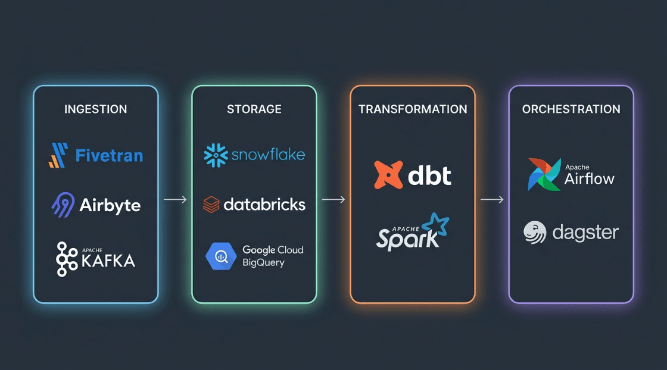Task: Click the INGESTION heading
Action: point(96,109)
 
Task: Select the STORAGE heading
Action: point(254,109)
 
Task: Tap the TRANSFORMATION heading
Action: point(413,109)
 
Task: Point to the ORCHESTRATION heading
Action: point(571,109)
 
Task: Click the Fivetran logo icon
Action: point(58,155)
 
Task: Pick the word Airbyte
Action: point(110,206)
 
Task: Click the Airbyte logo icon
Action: point(63,205)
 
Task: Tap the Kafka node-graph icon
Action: point(66,259)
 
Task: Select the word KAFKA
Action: point(108,261)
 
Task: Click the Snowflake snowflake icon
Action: point(216,155)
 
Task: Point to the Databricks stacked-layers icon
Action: point(211,205)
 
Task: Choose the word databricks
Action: point(264,205)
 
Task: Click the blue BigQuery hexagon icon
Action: point(221,256)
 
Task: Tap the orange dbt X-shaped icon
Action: point(388,175)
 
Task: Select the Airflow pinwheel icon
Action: point(544,174)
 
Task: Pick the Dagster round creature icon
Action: point(535,233)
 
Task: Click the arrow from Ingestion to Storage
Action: point(175,199)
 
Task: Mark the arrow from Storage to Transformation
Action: point(333,199)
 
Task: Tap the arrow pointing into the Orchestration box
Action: point(492,199)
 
